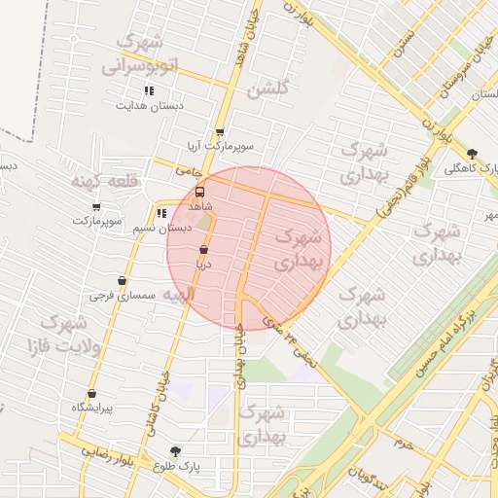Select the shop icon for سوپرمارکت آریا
click(x=220, y=132)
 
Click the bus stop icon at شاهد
click(x=200, y=193)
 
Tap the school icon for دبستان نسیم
click(x=160, y=213)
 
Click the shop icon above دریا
click(x=203, y=251)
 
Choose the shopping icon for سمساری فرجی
click(x=122, y=280)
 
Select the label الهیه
click(x=180, y=294)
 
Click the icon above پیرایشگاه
click(x=91, y=394)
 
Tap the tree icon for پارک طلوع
click(x=175, y=451)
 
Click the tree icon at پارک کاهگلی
click(x=473, y=154)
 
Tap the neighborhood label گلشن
click(x=268, y=90)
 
